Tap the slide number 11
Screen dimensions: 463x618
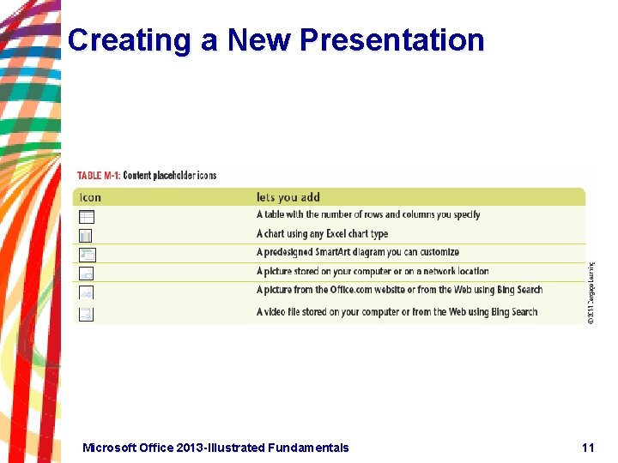pyautogui.click(x=587, y=448)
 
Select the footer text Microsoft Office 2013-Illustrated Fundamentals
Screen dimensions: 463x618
pyautogui.click(x=215, y=448)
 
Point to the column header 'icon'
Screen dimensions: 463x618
pyautogui.click(x=90, y=197)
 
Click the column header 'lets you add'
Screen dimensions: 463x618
pyautogui.click(x=288, y=197)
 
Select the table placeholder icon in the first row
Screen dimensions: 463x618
pyautogui.click(x=87, y=217)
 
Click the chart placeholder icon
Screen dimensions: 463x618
pyautogui.click(x=86, y=235)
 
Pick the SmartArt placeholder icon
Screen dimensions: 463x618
pyautogui.click(x=87, y=254)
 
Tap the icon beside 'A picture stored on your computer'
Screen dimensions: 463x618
pyautogui.click(x=86, y=274)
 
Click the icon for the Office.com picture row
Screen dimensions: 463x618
pyautogui.click(x=86, y=292)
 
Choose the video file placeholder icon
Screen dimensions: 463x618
pyautogui.click(x=86, y=314)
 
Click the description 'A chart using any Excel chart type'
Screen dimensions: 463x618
pyautogui.click(x=322, y=233)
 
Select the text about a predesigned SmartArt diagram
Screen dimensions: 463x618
pyautogui.click(x=357, y=252)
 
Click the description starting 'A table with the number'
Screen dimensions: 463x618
pyautogui.click(x=367, y=214)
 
